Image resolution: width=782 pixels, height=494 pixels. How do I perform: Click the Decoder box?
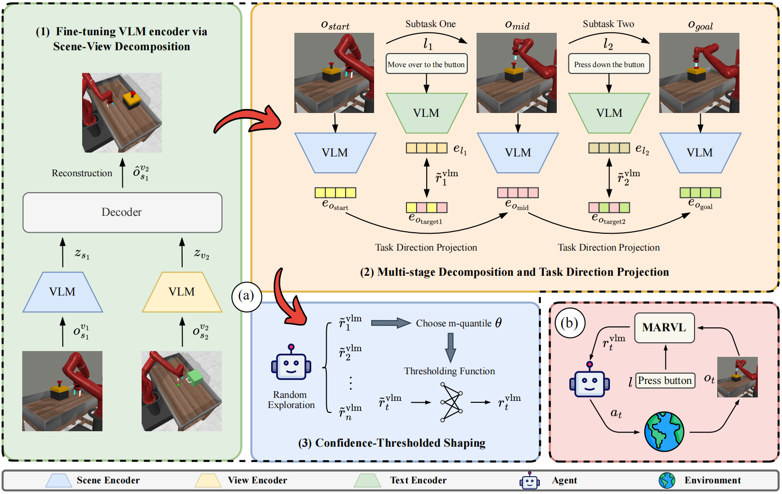pyautogui.click(x=122, y=212)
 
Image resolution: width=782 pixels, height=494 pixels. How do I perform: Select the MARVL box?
pyautogui.click(x=664, y=327)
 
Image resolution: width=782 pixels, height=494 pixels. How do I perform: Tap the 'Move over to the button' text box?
pyautogui.click(x=426, y=64)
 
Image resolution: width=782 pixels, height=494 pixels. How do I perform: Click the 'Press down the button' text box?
pyautogui.click(x=609, y=64)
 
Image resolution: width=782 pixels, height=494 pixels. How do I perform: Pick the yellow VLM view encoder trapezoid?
pyautogui.click(x=182, y=292)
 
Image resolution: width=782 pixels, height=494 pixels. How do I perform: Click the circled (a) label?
pyautogui.click(x=246, y=296)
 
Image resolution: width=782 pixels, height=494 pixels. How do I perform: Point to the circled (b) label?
pyautogui.click(x=569, y=323)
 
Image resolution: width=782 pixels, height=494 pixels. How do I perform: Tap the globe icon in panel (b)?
pyautogui.click(x=664, y=431)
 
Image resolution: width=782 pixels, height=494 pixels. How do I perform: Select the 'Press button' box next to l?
pyautogui.click(x=665, y=381)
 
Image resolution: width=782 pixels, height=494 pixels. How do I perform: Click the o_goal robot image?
pyautogui.click(x=699, y=73)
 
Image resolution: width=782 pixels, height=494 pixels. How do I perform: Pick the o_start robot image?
pyautogui.click(x=334, y=73)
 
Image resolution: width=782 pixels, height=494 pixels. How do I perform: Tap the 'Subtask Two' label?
pyautogui.click(x=608, y=24)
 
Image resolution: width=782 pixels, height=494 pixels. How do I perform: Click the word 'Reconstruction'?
pyautogui.click(x=82, y=173)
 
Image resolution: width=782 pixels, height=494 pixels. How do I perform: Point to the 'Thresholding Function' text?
pyautogui.click(x=449, y=371)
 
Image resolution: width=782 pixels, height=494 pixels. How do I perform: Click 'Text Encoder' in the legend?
pyautogui.click(x=418, y=480)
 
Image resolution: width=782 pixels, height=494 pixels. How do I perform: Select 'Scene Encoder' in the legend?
pyautogui.click(x=108, y=480)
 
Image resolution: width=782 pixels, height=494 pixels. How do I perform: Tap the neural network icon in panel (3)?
pyautogui.click(x=451, y=402)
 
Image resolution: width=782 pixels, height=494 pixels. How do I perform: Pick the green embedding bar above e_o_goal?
pyautogui.click(x=700, y=193)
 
